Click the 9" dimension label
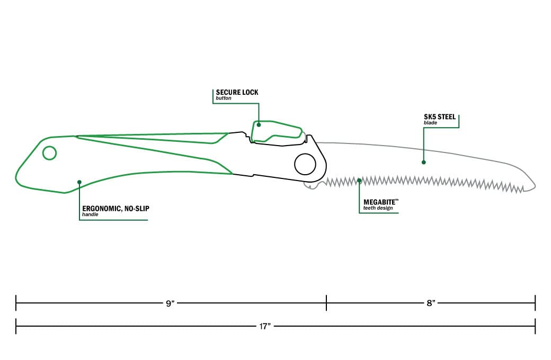point(171,303)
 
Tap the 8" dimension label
point(431,303)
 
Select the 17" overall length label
point(265,326)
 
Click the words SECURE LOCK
point(237,92)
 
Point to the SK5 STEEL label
point(440,117)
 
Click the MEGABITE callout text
point(379,202)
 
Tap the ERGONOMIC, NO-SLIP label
point(116,209)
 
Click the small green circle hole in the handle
point(50,153)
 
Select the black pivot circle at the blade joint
point(305,164)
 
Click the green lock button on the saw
point(277,132)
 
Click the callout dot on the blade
point(424,162)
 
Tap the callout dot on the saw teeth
point(359,181)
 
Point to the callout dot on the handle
point(79,182)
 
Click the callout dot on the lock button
point(259,125)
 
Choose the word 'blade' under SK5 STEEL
point(430,123)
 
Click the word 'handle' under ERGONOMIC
point(90,214)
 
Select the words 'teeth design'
point(378,208)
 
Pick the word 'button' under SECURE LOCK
point(224,98)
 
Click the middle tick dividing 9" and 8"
point(326,303)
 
